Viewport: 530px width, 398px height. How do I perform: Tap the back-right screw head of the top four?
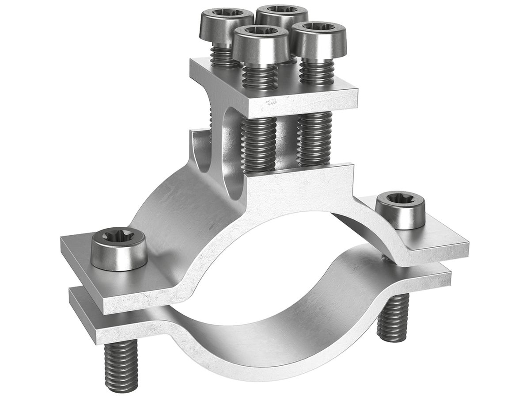pos(283,15)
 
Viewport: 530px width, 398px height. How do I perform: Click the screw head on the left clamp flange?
pos(119,249)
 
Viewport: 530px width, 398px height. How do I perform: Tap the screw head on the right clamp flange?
pos(400,210)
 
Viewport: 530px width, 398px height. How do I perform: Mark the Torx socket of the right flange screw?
pos(400,200)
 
